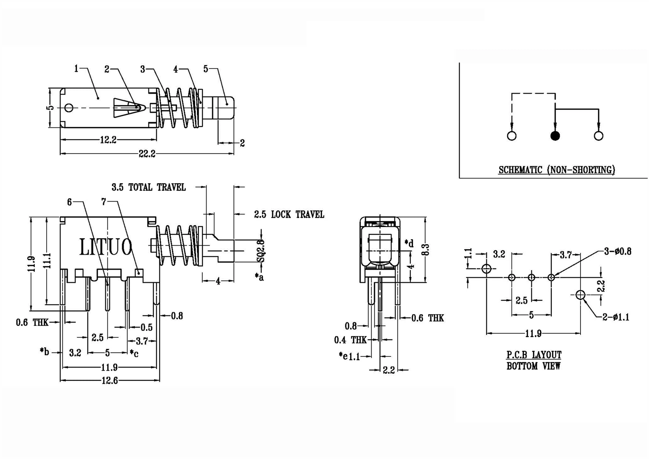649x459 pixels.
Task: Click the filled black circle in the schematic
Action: point(555,136)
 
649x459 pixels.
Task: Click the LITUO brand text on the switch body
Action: point(105,247)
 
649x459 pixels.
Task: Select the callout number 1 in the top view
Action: point(76,69)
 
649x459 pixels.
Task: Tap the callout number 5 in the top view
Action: point(206,69)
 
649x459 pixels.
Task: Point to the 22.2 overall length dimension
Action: point(147,154)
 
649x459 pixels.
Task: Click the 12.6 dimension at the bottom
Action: point(110,381)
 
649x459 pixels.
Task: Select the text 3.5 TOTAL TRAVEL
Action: point(148,187)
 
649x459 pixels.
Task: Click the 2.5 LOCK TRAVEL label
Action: point(289,214)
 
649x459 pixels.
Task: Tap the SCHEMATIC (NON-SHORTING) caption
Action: point(557,170)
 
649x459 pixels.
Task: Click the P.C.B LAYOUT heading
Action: point(534,355)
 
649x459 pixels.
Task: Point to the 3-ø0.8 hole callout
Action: point(617,251)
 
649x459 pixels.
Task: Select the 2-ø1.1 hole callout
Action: point(616,317)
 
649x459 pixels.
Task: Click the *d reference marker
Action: point(409,243)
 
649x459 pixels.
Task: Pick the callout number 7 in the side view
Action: point(103,202)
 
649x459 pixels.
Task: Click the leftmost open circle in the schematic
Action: point(512,136)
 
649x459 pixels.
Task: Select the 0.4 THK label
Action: point(350,340)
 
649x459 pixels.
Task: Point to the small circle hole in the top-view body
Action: point(69,108)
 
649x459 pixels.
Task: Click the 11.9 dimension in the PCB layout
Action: point(533,334)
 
